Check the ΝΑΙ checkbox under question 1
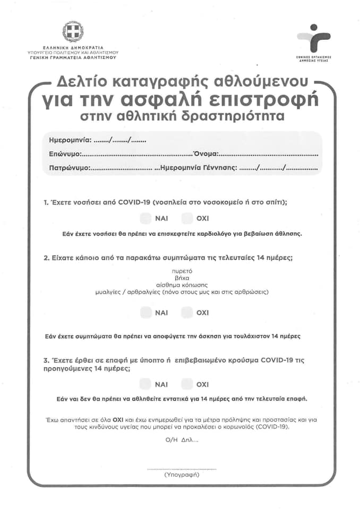coord(145,218)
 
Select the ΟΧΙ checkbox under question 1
coord(187,218)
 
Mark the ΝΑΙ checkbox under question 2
coord(145,313)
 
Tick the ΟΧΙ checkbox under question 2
coord(187,313)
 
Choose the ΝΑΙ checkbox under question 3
coord(145,384)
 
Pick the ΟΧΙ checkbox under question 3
coord(187,384)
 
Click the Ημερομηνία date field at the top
coord(119,141)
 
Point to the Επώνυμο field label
coord(64,154)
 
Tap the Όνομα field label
coord(205,154)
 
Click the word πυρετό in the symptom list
coord(182,270)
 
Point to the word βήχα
coord(182,277)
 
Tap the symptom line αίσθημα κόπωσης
coord(182,285)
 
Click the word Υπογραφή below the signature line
coord(182,474)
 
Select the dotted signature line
coord(182,469)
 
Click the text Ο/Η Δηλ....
coord(181,440)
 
